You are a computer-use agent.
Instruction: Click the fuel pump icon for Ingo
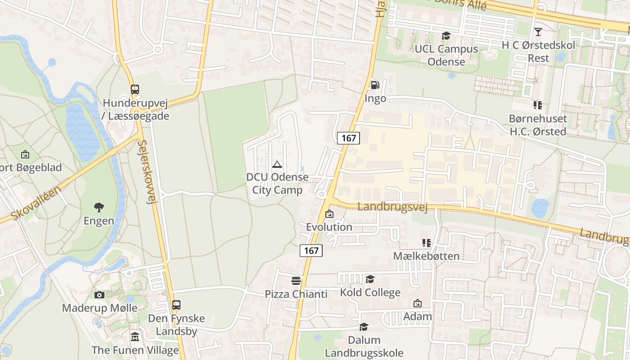(x=374, y=85)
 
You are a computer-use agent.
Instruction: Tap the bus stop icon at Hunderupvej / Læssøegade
(x=135, y=89)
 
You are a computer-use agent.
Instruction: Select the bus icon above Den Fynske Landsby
(x=176, y=305)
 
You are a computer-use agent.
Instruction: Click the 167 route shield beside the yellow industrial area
(x=349, y=138)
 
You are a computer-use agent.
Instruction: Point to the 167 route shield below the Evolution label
(x=311, y=251)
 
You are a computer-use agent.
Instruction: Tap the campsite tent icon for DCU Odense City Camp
(x=277, y=164)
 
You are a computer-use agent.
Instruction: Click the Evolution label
(x=329, y=227)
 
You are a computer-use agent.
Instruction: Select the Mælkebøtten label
(x=426, y=256)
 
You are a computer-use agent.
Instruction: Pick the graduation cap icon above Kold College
(x=370, y=279)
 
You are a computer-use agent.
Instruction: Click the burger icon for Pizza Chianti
(x=296, y=281)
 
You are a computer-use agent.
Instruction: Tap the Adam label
(x=418, y=316)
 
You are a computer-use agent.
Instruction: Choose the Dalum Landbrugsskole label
(x=364, y=346)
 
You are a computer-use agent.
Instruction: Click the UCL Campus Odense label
(x=446, y=55)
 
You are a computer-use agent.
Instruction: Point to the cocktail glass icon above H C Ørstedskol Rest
(x=538, y=32)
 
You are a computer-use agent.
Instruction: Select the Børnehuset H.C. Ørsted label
(x=538, y=125)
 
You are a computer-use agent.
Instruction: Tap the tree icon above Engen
(x=99, y=207)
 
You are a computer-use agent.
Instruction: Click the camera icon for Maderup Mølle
(x=99, y=295)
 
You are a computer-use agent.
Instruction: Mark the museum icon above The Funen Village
(x=135, y=337)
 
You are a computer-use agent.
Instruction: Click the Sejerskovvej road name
(x=148, y=172)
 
